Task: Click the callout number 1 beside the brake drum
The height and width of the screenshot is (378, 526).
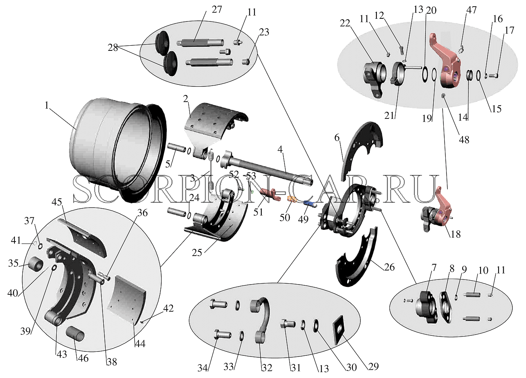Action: (47, 106)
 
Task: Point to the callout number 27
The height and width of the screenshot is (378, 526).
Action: (216, 9)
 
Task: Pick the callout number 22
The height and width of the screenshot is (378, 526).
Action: (345, 23)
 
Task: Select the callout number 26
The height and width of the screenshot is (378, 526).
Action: (389, 267)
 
